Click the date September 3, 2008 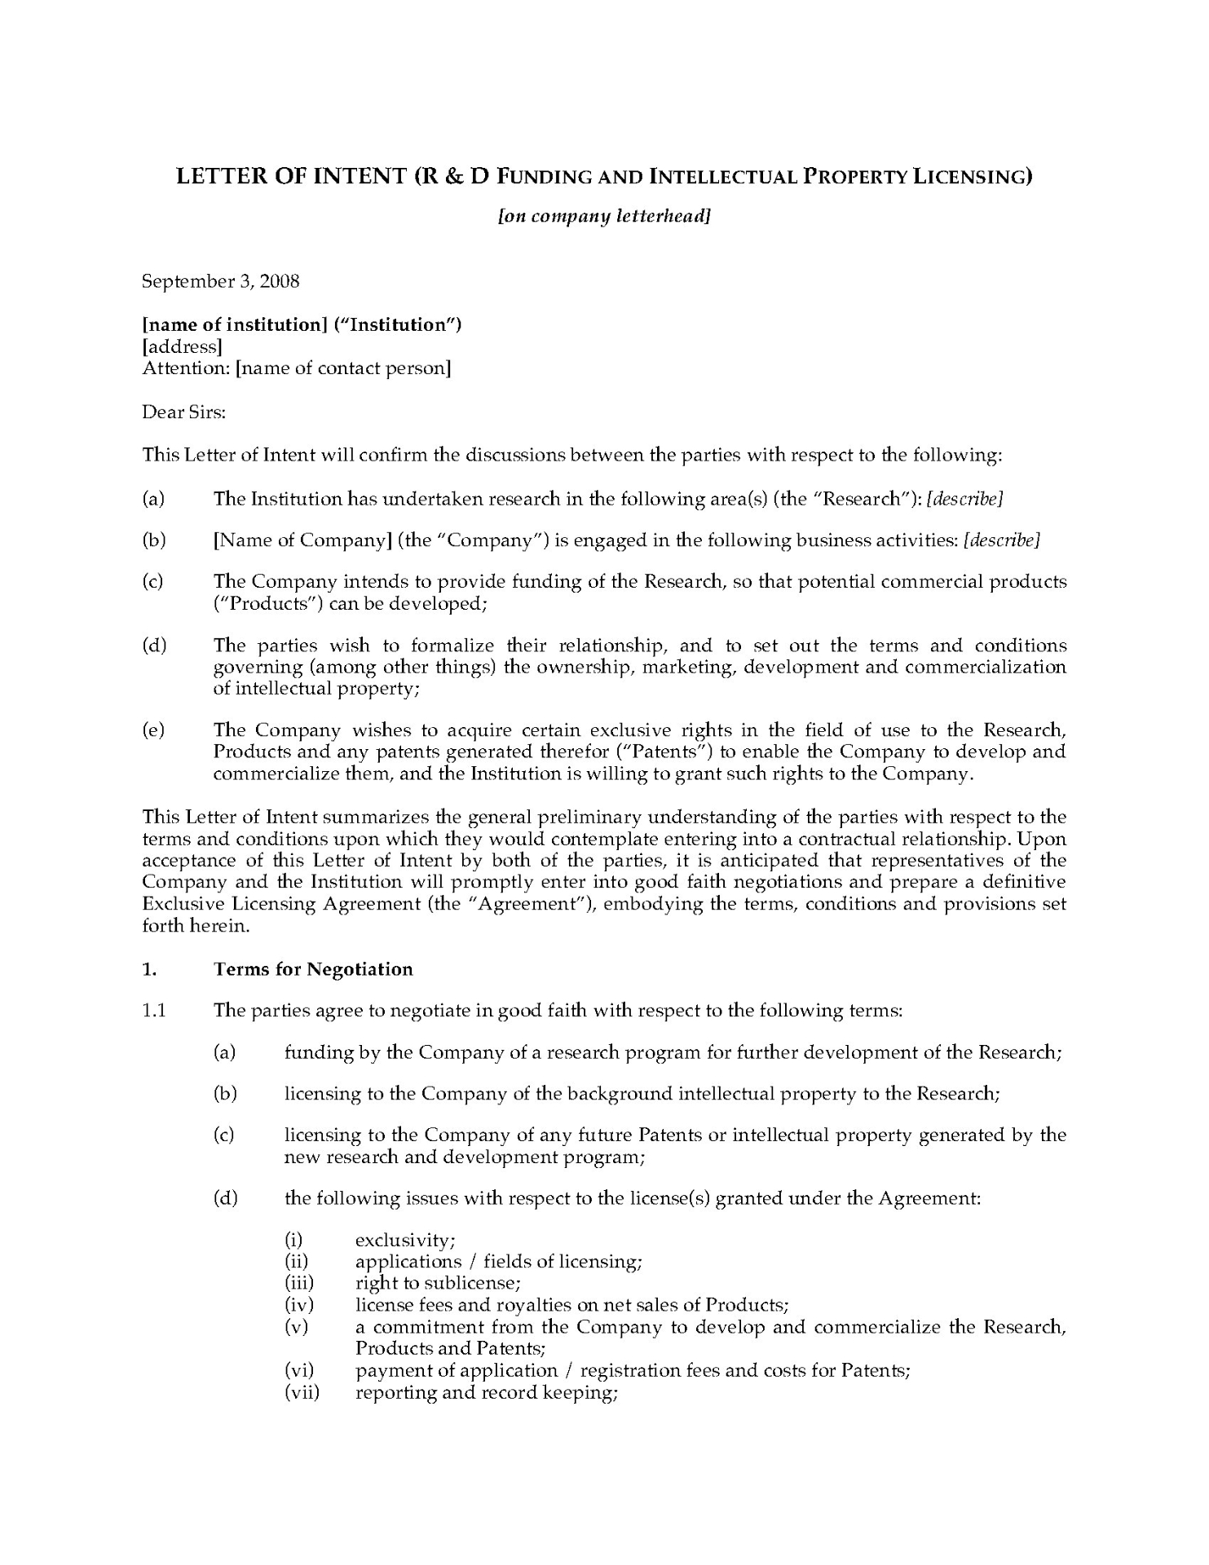221,282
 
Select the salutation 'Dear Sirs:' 183,412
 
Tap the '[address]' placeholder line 182,346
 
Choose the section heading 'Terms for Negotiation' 313,969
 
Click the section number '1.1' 154,1011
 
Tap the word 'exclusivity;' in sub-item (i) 405,1241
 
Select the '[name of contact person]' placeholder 343,368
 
